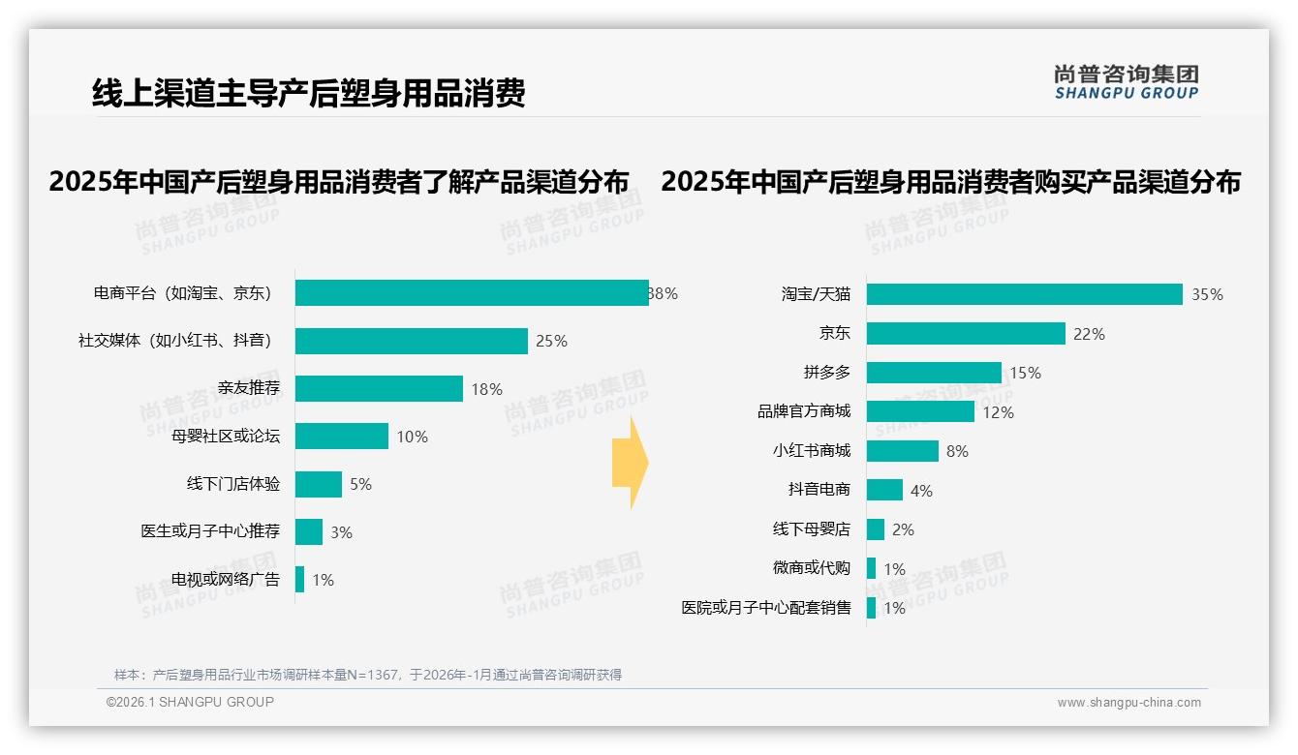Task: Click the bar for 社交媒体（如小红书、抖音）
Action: click(411, 341)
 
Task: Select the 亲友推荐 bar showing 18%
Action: click(379, 388)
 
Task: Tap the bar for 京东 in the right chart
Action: click(966, 334)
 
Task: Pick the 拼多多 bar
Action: click(934, 373)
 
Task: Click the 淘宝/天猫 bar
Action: click(1024, 294)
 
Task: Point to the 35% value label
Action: click(1207, 295)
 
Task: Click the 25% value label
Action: click(551, 342)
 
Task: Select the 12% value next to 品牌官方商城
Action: click(998, 412)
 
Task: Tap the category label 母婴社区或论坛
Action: click(226, 437)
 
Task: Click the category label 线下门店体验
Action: click(233, 484)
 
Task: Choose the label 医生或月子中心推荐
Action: click(210, 531)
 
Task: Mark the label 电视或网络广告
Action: click(226, 580)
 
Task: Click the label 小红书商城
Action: click(811, 451)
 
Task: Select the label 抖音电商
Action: click(819, 490)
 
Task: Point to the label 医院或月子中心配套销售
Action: click(765, 608)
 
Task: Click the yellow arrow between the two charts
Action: click(631, 463)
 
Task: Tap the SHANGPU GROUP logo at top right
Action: click(1127, 82)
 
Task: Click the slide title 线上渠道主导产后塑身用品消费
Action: click(308, 93)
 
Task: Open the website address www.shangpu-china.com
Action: click(1128, 703)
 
